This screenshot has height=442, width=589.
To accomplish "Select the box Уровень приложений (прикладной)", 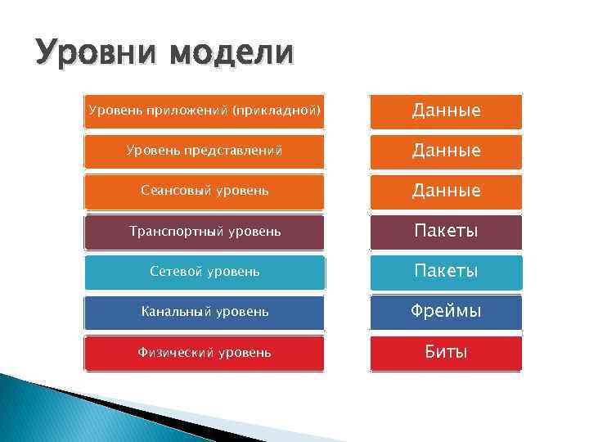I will (x=205, y=110).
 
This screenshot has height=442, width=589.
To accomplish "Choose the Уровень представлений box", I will (x=205, y=151).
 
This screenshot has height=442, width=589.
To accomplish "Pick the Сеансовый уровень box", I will (x=205, y=191).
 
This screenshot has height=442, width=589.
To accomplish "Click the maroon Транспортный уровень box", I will (x=205, y=232).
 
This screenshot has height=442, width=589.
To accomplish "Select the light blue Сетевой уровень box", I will (x=205, y=272).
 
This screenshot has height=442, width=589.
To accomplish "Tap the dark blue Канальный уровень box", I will (x=205, y=312).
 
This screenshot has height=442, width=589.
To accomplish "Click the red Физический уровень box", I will (x=205, y=353).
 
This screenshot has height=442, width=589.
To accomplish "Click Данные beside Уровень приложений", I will (x=446, y=110).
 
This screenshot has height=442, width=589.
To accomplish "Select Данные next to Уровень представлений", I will (x=446, y=151).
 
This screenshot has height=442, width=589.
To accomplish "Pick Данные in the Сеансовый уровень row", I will (x=446, y=191).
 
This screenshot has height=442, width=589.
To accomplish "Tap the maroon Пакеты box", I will (x=446, y=232).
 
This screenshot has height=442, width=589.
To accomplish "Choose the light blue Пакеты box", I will (x=446, y=272).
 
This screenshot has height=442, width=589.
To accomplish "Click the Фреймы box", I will (x=446, y=312).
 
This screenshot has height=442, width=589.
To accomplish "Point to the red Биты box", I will (x=446, y=353).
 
